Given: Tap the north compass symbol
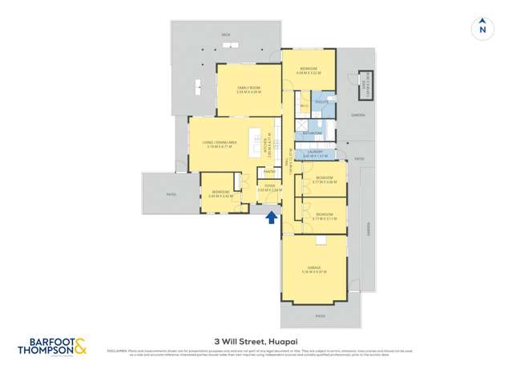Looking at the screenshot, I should (482, 27).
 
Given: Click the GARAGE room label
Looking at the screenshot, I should (314, 267).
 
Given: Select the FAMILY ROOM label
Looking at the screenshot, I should (249, 87).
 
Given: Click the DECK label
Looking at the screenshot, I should (226, 36).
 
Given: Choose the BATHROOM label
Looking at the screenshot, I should (312, 132).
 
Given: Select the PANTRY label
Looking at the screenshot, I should (268, 171).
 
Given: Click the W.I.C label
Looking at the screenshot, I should (304, 104).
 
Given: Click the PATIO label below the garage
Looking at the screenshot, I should (320, 315).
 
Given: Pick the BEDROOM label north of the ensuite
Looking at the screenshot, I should (308, 68).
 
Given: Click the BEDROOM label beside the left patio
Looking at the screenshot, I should (218, 192).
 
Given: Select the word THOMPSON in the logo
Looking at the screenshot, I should (46, 350).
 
